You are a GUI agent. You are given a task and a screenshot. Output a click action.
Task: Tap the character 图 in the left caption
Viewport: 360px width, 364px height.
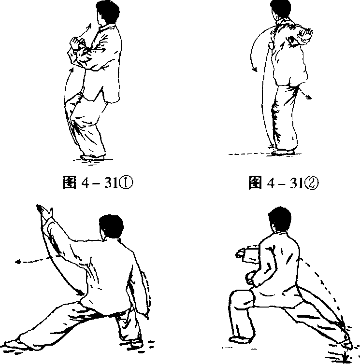pos(70,182)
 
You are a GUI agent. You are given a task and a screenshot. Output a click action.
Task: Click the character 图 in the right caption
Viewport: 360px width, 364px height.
pos(255,182)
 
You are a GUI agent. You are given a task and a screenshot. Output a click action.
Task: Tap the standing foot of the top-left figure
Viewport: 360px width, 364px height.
pos(92,157)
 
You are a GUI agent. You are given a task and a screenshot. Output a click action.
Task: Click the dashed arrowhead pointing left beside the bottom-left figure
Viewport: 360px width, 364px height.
pos(18,262)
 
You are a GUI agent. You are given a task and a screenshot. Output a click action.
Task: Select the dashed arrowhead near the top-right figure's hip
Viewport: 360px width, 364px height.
pos(309,97)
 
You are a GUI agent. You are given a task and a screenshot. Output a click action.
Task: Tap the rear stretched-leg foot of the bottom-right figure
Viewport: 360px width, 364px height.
pos(347,342)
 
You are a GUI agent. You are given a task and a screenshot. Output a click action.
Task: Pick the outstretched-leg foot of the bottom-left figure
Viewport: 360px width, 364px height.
pos(16,345)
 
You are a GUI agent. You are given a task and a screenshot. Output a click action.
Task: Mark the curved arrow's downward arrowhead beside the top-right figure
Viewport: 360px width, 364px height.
pos(255,69)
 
